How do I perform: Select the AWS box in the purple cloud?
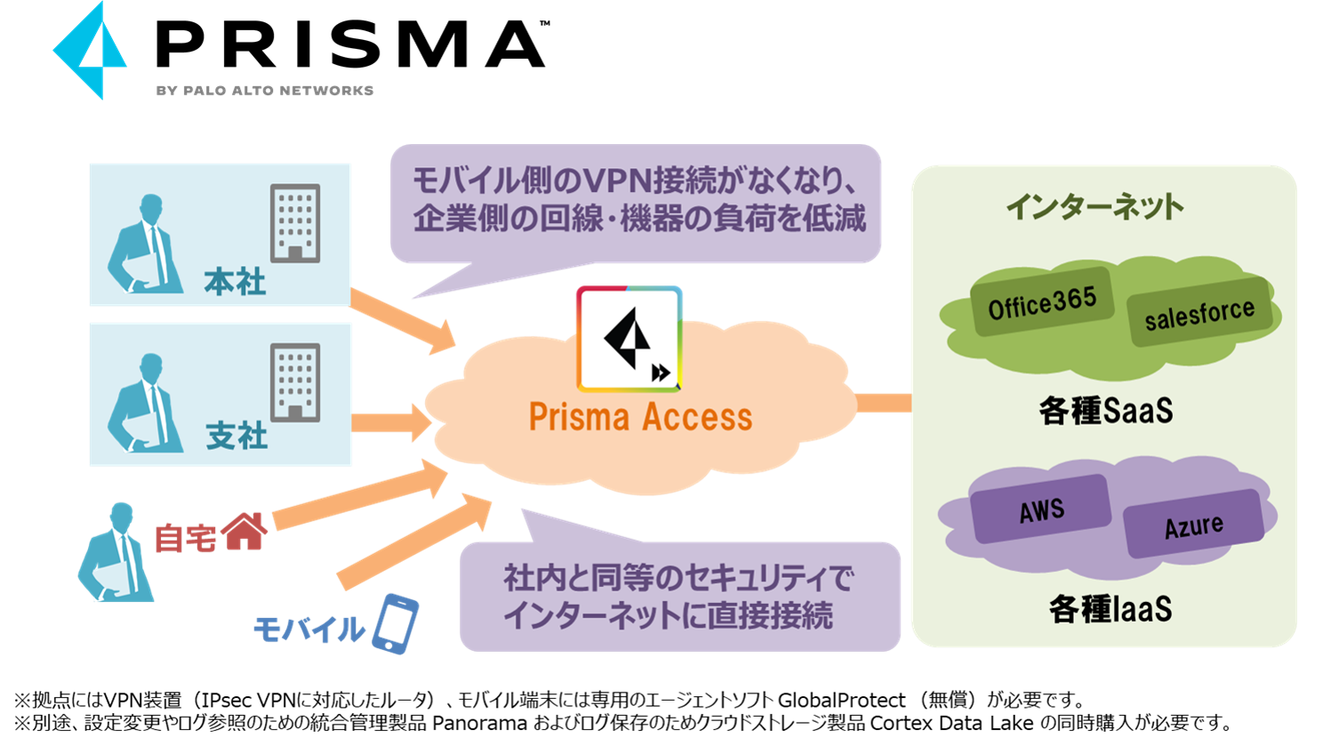point(1041,510)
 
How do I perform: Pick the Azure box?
point(1193,525)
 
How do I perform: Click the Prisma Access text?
point(640,417)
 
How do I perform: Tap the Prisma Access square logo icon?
point(629,339)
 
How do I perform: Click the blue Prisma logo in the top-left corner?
point(90,51)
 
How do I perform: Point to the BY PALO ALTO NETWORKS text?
point(265,91)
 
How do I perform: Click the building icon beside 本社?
point(295,223)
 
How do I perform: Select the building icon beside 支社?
point(295,382)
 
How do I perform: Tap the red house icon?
point(245,532)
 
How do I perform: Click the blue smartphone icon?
point(396,624)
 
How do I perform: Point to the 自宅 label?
point(185,537)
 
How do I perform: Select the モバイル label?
point(309,630)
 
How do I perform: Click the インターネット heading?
point(1094,207)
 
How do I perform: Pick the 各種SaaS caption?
point(1105,412)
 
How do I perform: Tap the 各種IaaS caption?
point(1110,610)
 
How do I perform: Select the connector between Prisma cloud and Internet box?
point(883,403)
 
